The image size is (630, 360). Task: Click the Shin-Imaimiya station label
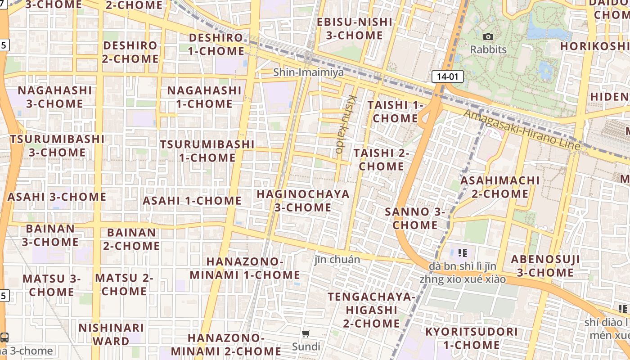click(309, 72)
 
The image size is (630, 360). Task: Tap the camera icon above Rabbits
click(488, 37)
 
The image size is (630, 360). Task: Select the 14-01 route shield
click(447, 76)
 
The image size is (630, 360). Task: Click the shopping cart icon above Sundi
click(306, 334)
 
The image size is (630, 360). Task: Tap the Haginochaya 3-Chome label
click(303, 201)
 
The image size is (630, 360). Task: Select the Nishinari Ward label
click(111, 334)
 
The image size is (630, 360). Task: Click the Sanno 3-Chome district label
click(415, 218)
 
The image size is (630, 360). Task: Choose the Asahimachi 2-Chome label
click(500, 187)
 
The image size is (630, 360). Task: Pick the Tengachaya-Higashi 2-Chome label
click(371, 310)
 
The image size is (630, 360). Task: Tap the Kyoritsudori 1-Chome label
click(472, 338)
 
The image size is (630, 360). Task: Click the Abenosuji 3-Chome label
click(545, 266)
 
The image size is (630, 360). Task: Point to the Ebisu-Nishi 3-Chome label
click(355, 28)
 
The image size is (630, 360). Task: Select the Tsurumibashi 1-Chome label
click(207, 151)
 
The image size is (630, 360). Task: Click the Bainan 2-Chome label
click(131, 239)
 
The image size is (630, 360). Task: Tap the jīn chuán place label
click(337, 260)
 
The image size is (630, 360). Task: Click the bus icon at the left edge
click(4, 337)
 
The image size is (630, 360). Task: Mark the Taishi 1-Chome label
click(396, 112)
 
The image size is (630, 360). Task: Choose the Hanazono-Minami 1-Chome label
click(245, 268)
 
